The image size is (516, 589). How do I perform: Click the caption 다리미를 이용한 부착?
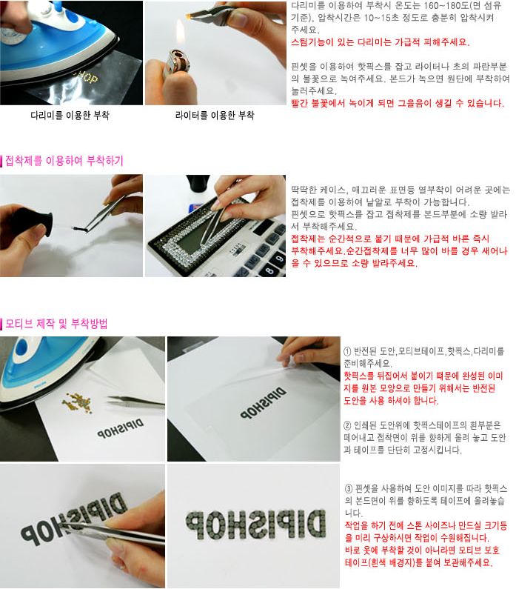pos(70,115)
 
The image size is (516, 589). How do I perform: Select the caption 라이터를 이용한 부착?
pos(215,115)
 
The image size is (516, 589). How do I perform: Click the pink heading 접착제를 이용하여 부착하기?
pos(64,161)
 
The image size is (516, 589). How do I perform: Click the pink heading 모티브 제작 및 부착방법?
pos(57,324)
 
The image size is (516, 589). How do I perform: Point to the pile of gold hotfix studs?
pos(78,403)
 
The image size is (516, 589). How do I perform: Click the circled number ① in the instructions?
pos(347,351)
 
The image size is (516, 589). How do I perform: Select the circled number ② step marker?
pos(347,425)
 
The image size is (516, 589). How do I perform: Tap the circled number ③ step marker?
pos(349,489)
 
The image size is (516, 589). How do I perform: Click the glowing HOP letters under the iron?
pos(87,77)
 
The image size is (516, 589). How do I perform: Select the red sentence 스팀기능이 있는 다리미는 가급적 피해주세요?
pos(380,41)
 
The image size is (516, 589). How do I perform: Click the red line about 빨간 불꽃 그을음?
pos(398,103)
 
